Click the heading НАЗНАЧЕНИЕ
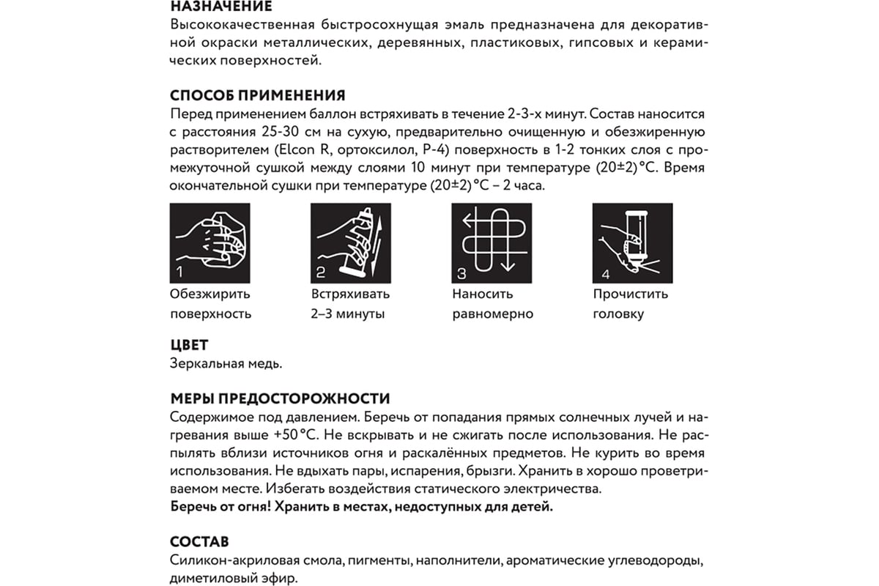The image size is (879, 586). click(x=220, y=7)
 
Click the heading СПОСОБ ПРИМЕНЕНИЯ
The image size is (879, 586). click(x=257, y=96)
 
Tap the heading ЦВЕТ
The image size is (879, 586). click(x=189, y=345)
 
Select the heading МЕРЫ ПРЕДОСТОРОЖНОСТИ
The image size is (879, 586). click(x=280, y=399)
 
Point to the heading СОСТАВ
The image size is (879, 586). click(x=199, y=542)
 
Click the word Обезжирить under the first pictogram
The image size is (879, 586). click(x=209, y=294)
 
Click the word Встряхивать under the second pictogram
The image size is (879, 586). click(x=350, y=294)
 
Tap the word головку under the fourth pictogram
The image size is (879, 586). click(x=619, y=314)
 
